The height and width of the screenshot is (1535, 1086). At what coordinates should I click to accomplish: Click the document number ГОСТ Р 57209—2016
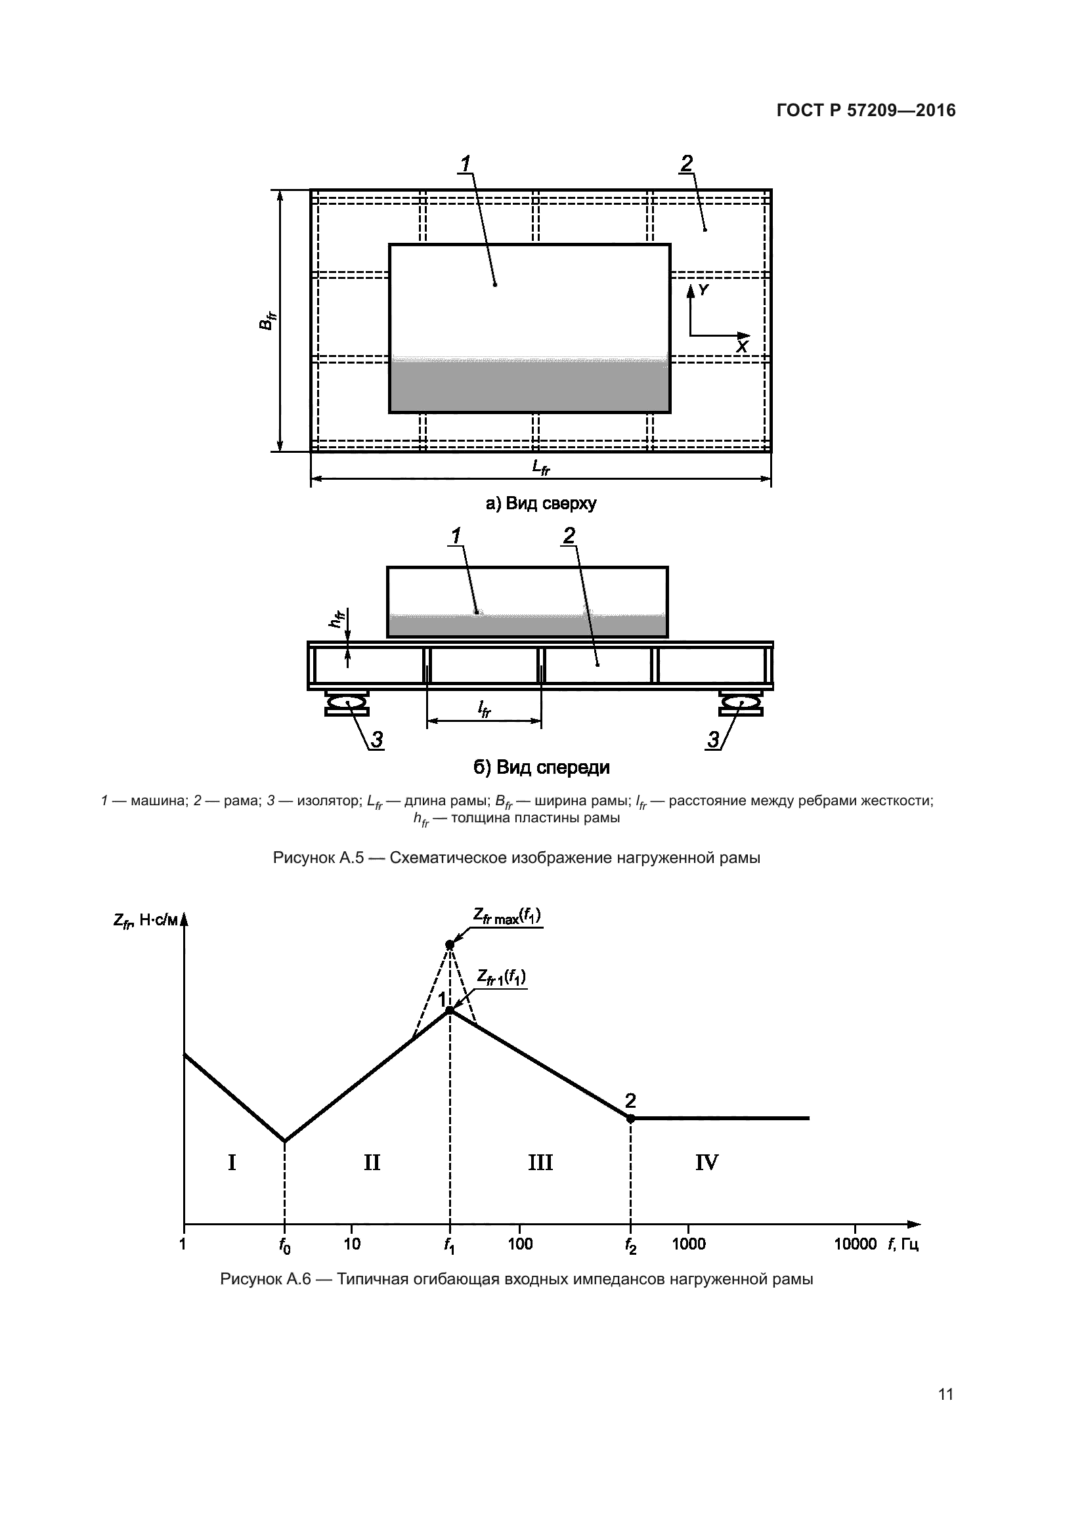tap(866, 110)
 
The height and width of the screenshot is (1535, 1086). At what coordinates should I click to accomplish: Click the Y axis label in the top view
tap(703, 289)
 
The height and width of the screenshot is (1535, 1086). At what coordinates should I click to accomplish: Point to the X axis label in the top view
tap(741, 347)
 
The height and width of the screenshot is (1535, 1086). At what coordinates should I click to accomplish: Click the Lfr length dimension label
tap(540, 467)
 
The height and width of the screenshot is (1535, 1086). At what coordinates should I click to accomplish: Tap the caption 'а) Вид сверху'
tap(540, 503)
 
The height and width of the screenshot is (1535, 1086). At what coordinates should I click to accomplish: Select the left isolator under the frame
tap(347, 704)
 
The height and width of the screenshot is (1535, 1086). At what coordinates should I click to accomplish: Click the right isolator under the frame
tap(740, 704)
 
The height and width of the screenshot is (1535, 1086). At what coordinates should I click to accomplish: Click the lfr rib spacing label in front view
tap(483, 709)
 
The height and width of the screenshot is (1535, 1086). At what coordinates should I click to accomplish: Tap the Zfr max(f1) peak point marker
tap(450, 944)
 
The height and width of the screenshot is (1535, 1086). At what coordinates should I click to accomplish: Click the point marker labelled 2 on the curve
tap(630, 1118)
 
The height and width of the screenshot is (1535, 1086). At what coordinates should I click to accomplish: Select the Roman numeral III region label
tap(540, 1163)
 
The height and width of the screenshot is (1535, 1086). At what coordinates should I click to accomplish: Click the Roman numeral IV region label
tap(706, 1163)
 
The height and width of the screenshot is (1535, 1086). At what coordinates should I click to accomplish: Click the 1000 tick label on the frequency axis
tap(688, 1244)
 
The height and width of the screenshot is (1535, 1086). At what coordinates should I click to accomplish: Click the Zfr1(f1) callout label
tap(501, 977)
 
